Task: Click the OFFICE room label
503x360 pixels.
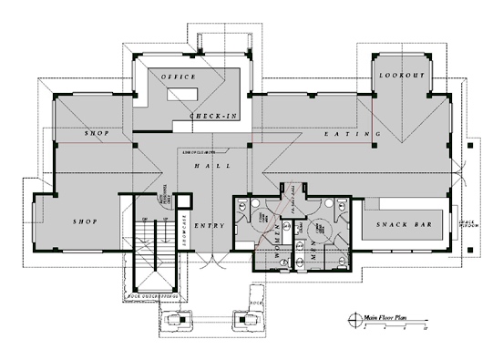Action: [180, 77]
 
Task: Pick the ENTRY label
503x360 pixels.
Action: [209, 226]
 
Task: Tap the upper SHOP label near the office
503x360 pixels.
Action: [98, 135]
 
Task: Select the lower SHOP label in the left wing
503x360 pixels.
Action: [84, 221]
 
